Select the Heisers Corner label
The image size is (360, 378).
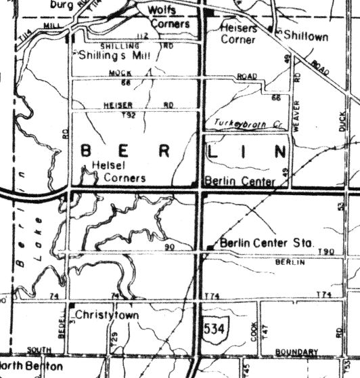(x=239, y=34)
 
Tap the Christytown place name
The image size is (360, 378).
(x=106, y=315)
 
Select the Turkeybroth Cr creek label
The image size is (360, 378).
(x=242, y=122)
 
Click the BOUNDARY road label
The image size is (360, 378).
(x=297, y=352)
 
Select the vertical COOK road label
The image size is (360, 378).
(x=253, y=330)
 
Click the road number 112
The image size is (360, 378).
(x=141, y=36)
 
